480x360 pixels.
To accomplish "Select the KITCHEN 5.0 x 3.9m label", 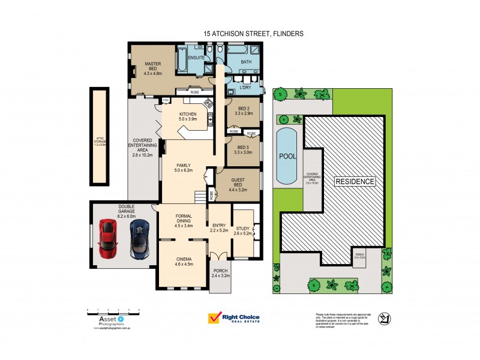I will pos(188,116).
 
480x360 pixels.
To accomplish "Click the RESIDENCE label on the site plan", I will pos(354,181).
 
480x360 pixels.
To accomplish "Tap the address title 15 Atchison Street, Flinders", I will pos(254,34).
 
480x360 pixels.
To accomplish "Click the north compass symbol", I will pos(383,320).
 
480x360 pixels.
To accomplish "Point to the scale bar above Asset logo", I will pos(113,310).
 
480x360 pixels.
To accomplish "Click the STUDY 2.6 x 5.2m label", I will pos(243,231).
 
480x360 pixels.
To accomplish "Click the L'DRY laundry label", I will pos(245,88).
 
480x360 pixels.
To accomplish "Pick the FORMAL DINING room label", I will pos(182,220).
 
